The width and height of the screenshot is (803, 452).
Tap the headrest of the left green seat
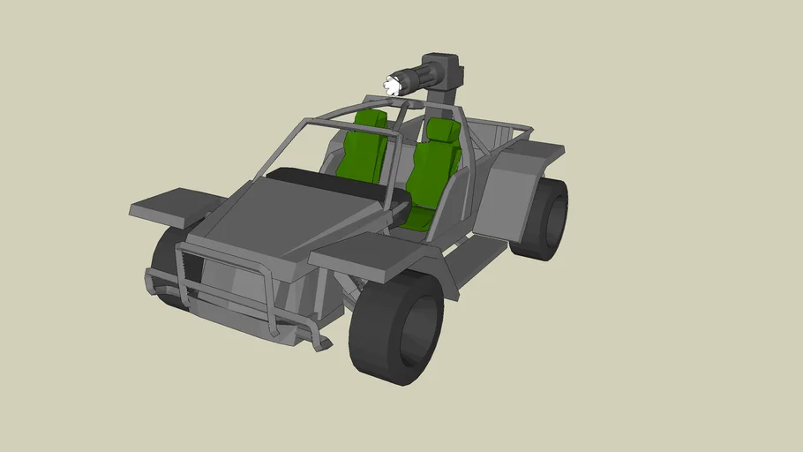(x=371, y=121)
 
